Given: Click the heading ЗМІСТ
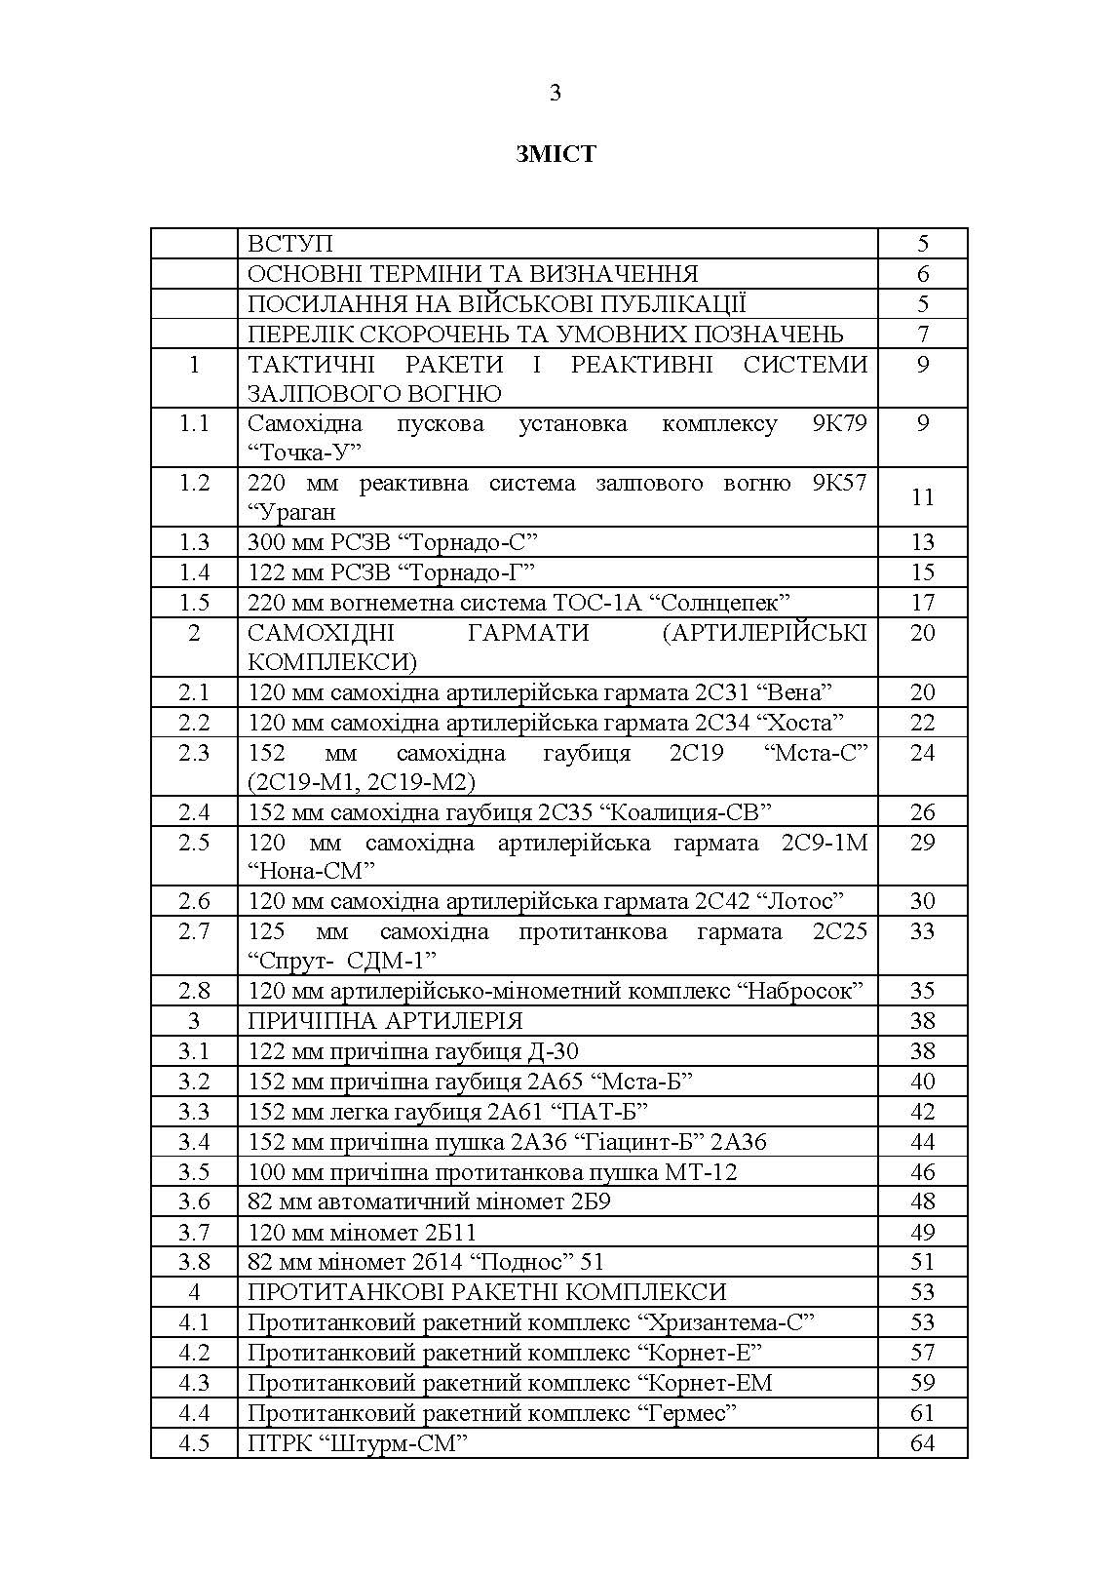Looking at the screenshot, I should point(556,154).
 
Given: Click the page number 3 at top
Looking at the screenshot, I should point(556,94).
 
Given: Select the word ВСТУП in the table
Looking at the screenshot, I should point(289,244).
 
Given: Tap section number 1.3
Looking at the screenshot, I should point(194,542).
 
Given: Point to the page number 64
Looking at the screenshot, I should point(922,1442).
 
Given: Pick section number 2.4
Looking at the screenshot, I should point(194,812).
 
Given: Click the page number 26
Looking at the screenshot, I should point(922,812).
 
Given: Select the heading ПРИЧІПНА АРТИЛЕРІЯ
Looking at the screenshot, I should point(385,1021).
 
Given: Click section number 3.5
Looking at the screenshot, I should point(194,1171).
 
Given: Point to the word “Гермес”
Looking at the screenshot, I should point(687,1413).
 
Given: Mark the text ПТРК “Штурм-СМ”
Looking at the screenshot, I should point(352,1443).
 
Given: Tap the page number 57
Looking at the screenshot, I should point(922,1353).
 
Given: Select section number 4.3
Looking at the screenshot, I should point(194,1383).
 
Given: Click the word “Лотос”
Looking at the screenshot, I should point(795,901).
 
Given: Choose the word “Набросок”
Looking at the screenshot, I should point(800,991).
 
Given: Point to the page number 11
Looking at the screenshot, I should point(922,497).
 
